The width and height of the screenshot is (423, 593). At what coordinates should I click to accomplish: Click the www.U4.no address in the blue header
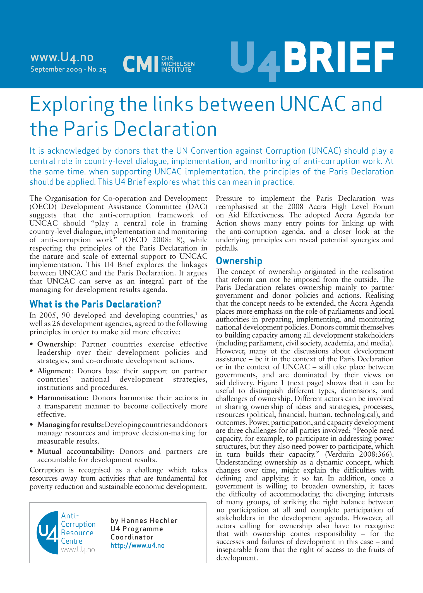[62, 57]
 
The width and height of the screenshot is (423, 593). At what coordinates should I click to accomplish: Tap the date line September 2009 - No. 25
[68, 69]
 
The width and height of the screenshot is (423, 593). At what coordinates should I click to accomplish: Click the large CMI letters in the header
[140, 64]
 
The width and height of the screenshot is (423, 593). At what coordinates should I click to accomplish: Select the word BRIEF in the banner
[339, 57]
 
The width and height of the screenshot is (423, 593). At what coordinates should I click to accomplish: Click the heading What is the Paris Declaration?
[95, 304]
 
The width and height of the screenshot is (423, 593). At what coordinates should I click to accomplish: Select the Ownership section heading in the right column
[239, 261]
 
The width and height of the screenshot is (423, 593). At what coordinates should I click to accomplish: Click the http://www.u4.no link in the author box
[138, 546]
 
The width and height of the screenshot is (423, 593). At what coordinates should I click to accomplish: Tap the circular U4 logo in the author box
[47, 533]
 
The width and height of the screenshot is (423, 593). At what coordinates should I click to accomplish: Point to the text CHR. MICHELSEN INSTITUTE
[178, 64]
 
